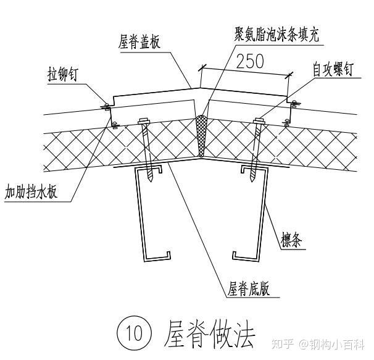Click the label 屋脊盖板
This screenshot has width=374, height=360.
click(x=139, y=43)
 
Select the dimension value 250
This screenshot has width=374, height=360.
click(x=249, y=61)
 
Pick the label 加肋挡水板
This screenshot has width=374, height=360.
click(x=31, y=191)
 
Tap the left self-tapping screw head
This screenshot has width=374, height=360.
click(x=146, y=120)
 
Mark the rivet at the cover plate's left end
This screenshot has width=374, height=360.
click(x=106, y=106)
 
